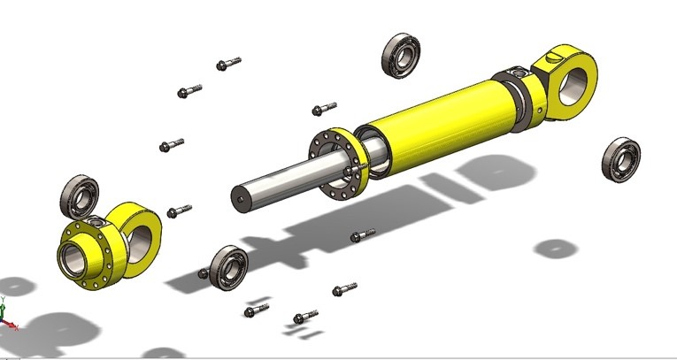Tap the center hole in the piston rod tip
[x=237, y=196]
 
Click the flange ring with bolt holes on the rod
[x=340, y=166]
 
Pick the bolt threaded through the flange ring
[x=359, y=165]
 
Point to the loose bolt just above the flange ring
[x=323, y=109]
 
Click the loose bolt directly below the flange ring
[x=362, y=236]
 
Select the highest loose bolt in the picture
[x=227, y=64]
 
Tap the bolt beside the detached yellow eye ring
[x=179, y=211]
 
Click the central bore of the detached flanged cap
[x=73, y=259]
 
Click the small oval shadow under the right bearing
[x=556, y=248]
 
